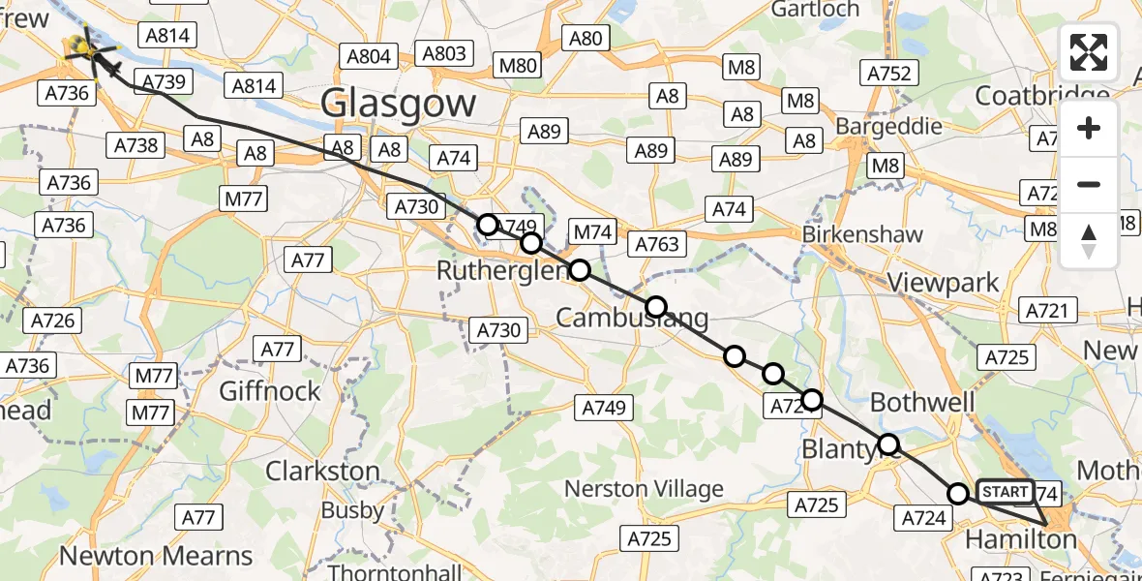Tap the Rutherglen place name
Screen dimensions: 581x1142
500,270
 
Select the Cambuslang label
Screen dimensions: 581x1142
631,317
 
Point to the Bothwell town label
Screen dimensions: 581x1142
918,401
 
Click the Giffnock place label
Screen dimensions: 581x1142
269,391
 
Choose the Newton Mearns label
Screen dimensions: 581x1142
156,556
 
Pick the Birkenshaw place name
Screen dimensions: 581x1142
862,234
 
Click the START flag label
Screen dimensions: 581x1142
1005,492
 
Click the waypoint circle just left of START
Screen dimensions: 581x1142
958,494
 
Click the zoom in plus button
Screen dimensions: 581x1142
1089,128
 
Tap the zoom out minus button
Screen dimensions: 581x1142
1089,184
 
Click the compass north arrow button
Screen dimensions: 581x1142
1089,239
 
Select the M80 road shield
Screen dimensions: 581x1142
517,66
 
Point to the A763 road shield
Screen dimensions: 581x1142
657,243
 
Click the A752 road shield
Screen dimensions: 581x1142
888,73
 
